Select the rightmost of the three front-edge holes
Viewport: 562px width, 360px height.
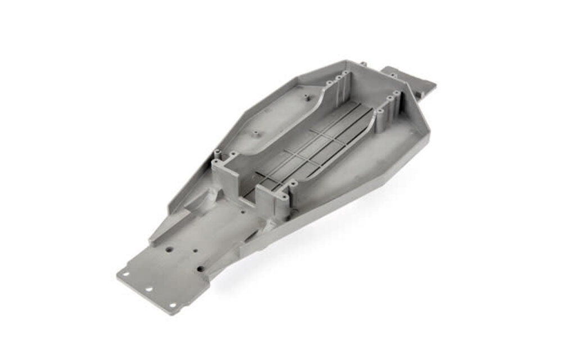pyautogui.click(x=172, y=305)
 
